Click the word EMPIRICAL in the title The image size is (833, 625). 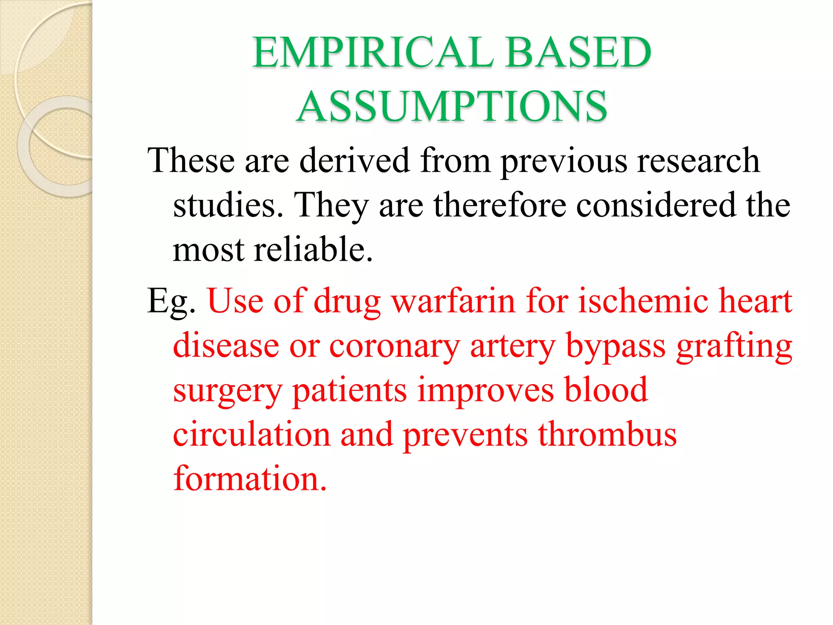[373, 52]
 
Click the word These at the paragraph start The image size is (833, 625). [191, 160]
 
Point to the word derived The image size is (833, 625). [354, 160]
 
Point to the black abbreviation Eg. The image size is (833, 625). [171, 302]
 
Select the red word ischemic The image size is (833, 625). [643, 301]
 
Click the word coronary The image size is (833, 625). [394, 346]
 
